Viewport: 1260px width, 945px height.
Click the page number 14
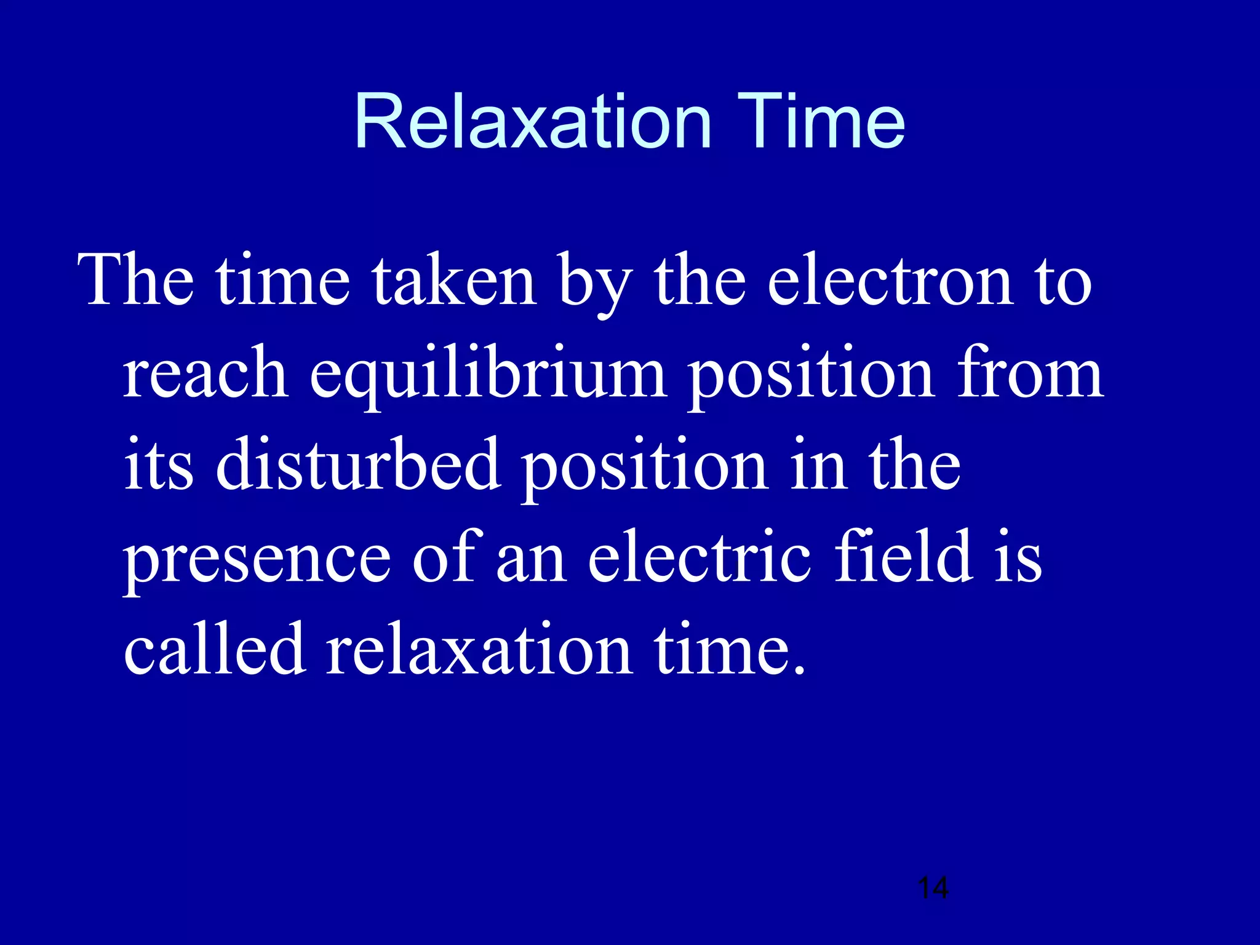coord(933,888)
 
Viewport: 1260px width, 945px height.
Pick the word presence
coord(257,559)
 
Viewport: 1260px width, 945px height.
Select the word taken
coord(455,281)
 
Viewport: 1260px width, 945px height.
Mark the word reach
coord(205,373)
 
